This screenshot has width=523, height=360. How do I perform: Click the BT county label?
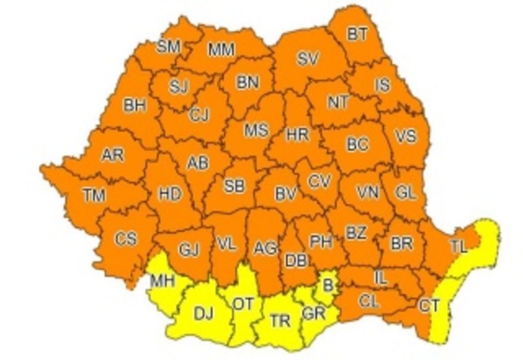(x=357, y=35)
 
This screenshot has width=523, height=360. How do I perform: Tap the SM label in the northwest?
(x=169, y=47)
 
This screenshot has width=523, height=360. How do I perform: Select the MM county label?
(x=222, y=50)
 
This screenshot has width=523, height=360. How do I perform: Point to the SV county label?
(x=308, y=59)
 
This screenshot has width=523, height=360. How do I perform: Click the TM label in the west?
(x=94, y=196)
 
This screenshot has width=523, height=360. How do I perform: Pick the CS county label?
(x=126, y=239)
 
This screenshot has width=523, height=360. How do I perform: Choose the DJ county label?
(x=203, y=314)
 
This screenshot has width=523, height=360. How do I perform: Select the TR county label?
(x=281, y=321)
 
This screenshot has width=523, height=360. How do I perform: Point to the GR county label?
(x=314, y=313)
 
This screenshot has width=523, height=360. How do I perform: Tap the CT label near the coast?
(x=429, y=305)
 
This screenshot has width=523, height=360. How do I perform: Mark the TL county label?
(x=459, y=248)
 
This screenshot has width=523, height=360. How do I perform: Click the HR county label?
(x=298, y=134)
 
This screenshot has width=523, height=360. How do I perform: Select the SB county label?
(x=234, y=186)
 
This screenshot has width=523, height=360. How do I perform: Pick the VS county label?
(x=406, y=136)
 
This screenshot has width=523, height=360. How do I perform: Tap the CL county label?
(x=368, y=301)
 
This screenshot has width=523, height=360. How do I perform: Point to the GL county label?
(x=406, y=193)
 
